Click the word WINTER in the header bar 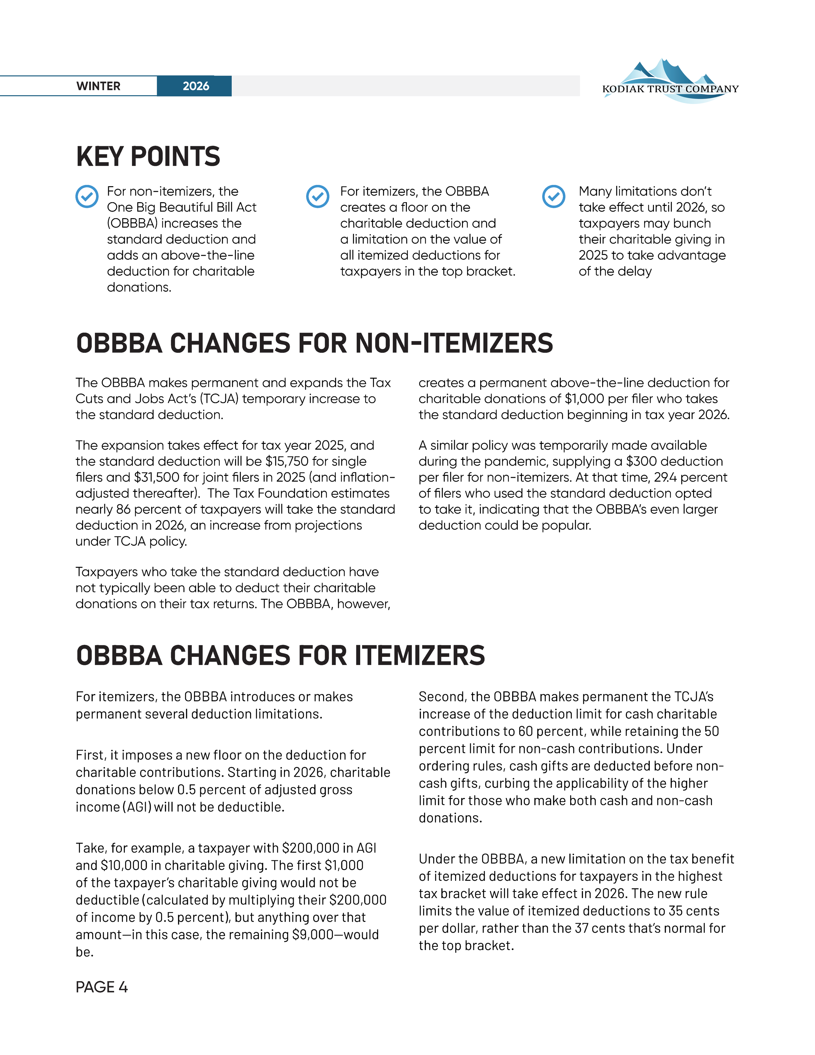pos(98,86)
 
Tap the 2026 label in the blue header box pos(196,86)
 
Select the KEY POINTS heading pos(148,157)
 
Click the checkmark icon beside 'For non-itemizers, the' pos(87,197)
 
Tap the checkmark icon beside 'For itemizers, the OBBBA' pos(318,197)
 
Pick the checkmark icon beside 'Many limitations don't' pos(554,197)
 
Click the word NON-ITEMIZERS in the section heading pos(454,343)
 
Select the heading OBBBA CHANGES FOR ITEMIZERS pos(280,656)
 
